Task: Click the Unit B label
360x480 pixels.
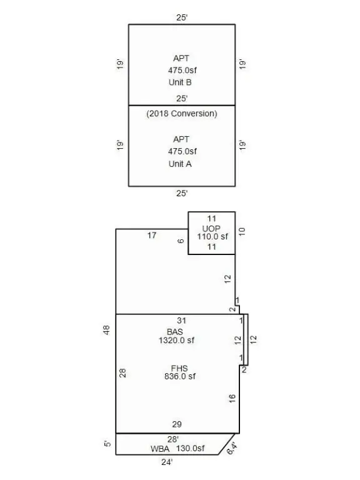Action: point(180,82)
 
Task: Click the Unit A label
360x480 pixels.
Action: point(180,164)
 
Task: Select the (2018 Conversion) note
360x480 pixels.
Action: point(182,114)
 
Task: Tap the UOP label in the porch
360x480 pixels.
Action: point(211,229)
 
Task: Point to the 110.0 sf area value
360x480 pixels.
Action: point(212,237)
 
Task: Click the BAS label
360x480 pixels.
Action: point(175,332)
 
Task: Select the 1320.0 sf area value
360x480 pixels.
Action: point(176,341)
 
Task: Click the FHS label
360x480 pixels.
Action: point(179,368)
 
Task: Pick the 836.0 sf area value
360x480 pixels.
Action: point(180,376)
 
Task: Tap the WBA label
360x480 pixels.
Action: point(160,449)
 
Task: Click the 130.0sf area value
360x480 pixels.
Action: point(191,449)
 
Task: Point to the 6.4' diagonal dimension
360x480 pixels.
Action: point(232,449)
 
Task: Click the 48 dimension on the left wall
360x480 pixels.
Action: point(106,330)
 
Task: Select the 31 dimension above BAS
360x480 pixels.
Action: point(181,321)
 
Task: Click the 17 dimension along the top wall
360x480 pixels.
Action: point(152,236)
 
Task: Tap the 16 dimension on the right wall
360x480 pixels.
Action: point(232,398)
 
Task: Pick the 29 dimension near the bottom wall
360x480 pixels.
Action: point(177,424)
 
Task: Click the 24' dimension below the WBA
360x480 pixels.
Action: point(167,462)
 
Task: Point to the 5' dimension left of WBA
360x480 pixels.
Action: point(107,444)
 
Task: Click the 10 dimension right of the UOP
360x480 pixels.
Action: point(242,232)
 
